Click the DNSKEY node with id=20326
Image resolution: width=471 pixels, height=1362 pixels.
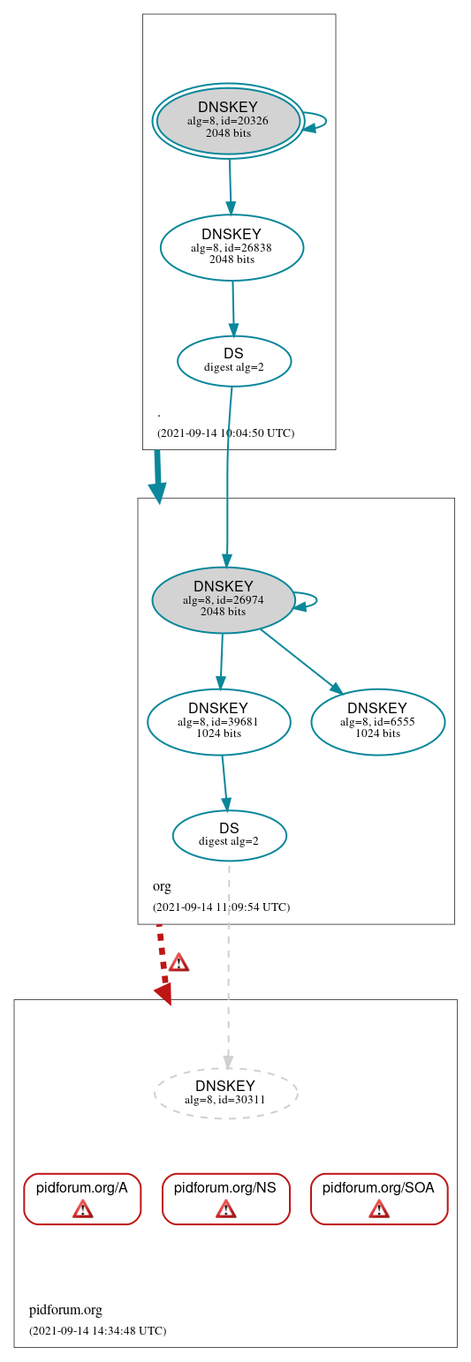(228, 121)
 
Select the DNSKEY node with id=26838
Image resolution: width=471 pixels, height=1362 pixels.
(232, 247)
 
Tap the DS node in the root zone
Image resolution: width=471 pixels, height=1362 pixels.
(233, 360)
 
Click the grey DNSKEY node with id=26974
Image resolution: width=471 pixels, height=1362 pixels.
(223, 599)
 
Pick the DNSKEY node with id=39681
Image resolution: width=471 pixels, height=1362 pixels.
(218, 721)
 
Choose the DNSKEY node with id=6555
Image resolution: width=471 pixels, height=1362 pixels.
(377, 721)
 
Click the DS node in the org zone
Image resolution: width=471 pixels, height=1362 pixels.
(229, 834)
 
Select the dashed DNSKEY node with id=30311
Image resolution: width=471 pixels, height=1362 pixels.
(225, 1092)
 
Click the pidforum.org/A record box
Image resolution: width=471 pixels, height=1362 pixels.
(82, 1198)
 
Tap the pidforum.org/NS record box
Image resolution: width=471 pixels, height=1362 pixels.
(225, 1198)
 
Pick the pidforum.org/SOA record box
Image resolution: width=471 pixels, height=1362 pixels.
(378, 1198)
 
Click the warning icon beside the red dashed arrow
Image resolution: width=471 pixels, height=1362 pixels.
(179, 962)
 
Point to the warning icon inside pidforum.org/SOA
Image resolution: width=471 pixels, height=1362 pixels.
(378, 1208)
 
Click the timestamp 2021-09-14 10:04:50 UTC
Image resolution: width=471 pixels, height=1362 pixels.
(225, 433)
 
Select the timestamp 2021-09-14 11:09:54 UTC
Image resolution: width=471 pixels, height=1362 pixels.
(221, 907)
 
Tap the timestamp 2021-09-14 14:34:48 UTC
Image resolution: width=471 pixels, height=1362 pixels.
(97, 1330)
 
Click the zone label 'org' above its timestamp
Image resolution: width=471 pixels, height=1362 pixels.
(162, 886)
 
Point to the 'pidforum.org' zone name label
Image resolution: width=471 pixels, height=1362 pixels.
(65, 1310)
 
